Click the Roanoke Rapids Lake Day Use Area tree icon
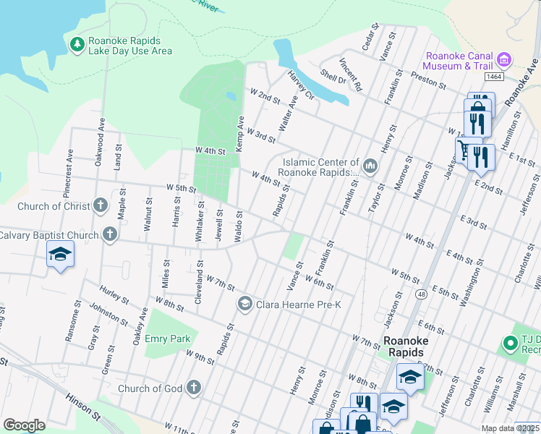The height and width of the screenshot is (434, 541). click(77, 45)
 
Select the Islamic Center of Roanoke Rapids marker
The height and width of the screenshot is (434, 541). click(370, 166)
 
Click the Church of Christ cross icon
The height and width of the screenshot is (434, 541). click(100, 206)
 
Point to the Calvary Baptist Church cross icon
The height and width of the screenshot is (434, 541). click(110, 234)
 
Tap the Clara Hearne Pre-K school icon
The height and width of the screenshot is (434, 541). click(244, 305)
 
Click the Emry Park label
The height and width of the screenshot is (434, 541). click(170, 339)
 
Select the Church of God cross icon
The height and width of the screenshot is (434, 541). click(192, 388)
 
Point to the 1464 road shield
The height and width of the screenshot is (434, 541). click(494, 77)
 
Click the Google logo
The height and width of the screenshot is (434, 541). click(24, 425)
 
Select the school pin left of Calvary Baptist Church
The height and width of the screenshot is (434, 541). click(60, 255)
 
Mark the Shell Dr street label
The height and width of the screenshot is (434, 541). click(333, 77)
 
